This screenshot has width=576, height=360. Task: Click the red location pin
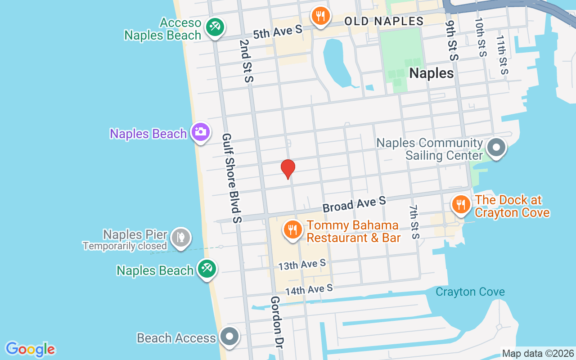point(288,169)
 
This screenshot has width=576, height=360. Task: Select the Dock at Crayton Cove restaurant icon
point(460,204)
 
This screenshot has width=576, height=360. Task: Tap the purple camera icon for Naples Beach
point(200,132)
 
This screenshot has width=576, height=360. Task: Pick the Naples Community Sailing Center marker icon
point(496,147)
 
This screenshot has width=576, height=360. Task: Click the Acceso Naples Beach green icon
point(215,27)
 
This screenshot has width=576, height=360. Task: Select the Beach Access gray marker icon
point(230,336)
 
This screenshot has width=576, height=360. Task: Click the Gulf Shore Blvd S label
point(232,178)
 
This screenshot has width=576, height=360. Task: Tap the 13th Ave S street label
point(301,265)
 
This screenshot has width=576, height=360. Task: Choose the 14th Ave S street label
point(309,289)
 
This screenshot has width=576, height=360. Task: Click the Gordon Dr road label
point(276,322)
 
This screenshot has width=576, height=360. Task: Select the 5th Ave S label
point(277,31)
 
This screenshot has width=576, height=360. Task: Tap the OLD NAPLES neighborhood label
point(384,21)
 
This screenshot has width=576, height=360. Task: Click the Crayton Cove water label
point(470,292)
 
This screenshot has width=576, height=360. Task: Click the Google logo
point(31,349)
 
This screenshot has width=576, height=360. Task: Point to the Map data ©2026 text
point(538,354)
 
